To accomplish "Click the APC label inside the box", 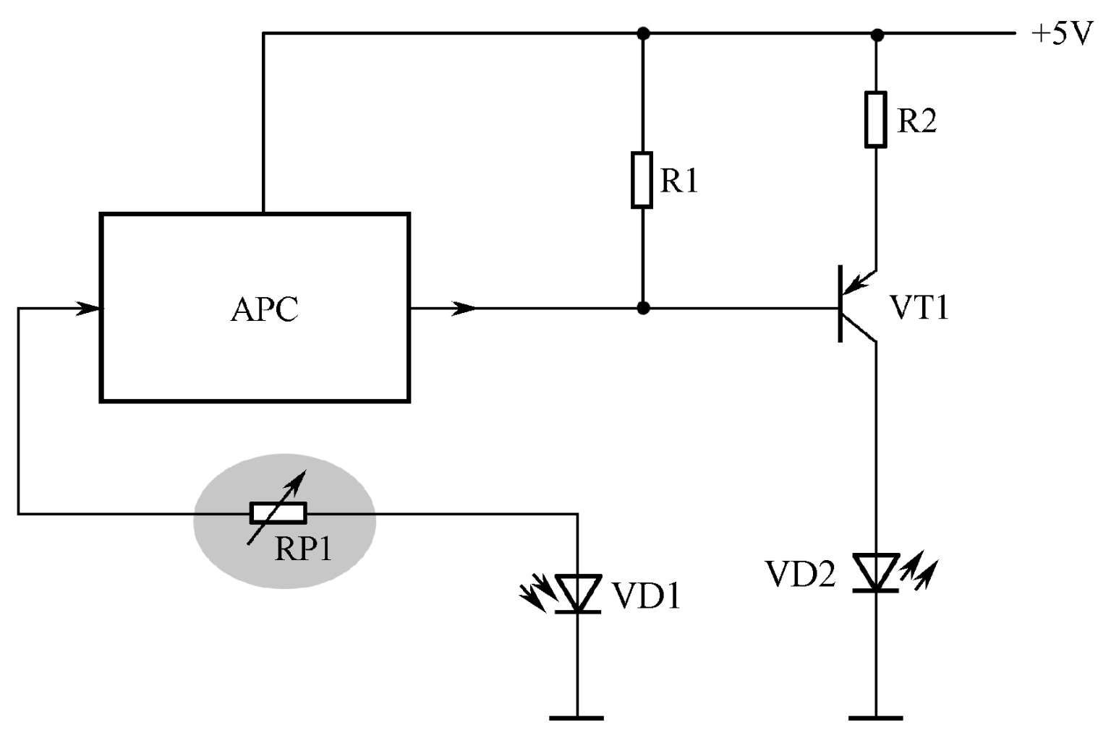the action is click(x=264, y=309).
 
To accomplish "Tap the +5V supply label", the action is click(x=1062, y=34).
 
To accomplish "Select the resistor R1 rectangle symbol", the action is click(x=642, y=179).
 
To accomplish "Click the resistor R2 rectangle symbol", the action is click(x=876, y=119).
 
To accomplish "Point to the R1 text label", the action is click(x=679, y=181).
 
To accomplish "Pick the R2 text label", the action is click(x=917, y=121).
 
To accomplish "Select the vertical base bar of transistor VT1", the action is click(x=840, y=304).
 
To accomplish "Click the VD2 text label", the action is click(x=801, y=575).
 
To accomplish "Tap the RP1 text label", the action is click(x=303, y=549).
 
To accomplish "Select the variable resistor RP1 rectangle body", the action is click(x=278, y=513).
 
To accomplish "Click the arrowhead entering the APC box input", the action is click(x=88, y=309).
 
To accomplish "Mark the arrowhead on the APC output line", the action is click(x=463, y=309).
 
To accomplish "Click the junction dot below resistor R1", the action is click(x=643, y=309).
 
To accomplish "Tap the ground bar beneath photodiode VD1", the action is click(x=576, y=718).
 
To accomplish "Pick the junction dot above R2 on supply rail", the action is click(x=877, y=35).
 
